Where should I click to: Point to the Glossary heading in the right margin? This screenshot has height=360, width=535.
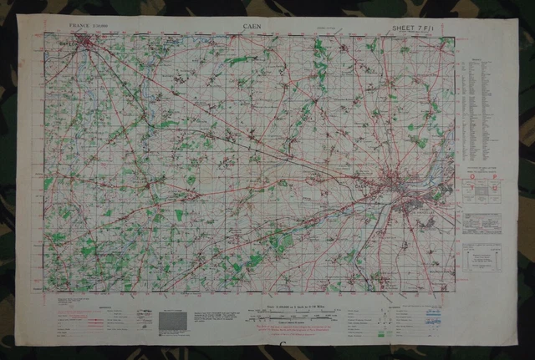(x=479, y=60)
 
